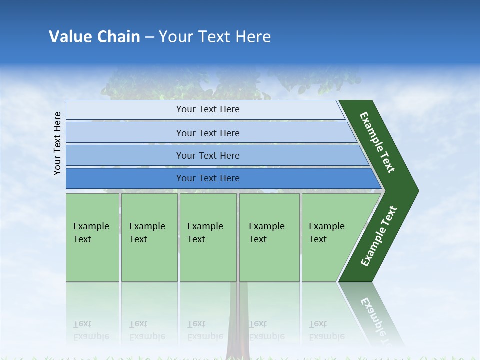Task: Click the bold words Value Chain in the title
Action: point(94,37)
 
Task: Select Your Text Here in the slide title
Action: point(215,37)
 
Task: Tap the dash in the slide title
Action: point(149,37)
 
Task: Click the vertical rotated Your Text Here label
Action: point(57,143)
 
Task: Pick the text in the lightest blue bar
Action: point(208,109)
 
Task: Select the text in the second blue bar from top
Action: point(208,133)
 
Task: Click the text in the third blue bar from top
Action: point(208,155)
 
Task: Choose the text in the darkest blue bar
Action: point(208,178)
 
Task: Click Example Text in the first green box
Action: point(91,233)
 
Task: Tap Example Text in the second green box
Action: point(147,233)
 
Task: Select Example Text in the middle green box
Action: point(205,233)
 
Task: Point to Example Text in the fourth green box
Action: point(266,233)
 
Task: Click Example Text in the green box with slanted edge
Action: point(326,233)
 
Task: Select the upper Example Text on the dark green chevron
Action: point(377,142)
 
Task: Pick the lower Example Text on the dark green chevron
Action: point(379,236)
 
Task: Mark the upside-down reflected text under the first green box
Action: point(91,330)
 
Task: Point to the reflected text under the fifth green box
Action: point(326,330)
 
